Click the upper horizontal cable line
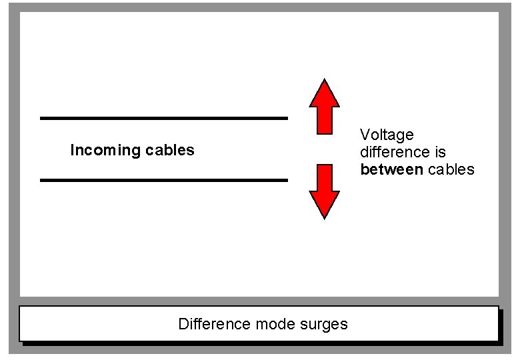163,118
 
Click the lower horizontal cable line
163,180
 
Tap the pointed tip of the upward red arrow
325,81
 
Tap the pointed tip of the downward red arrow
325,217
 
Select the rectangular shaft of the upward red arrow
325,120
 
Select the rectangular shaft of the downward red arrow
325,177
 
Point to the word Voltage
387,135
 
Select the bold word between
391,169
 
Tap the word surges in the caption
326,325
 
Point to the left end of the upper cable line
42,118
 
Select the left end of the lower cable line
42,180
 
